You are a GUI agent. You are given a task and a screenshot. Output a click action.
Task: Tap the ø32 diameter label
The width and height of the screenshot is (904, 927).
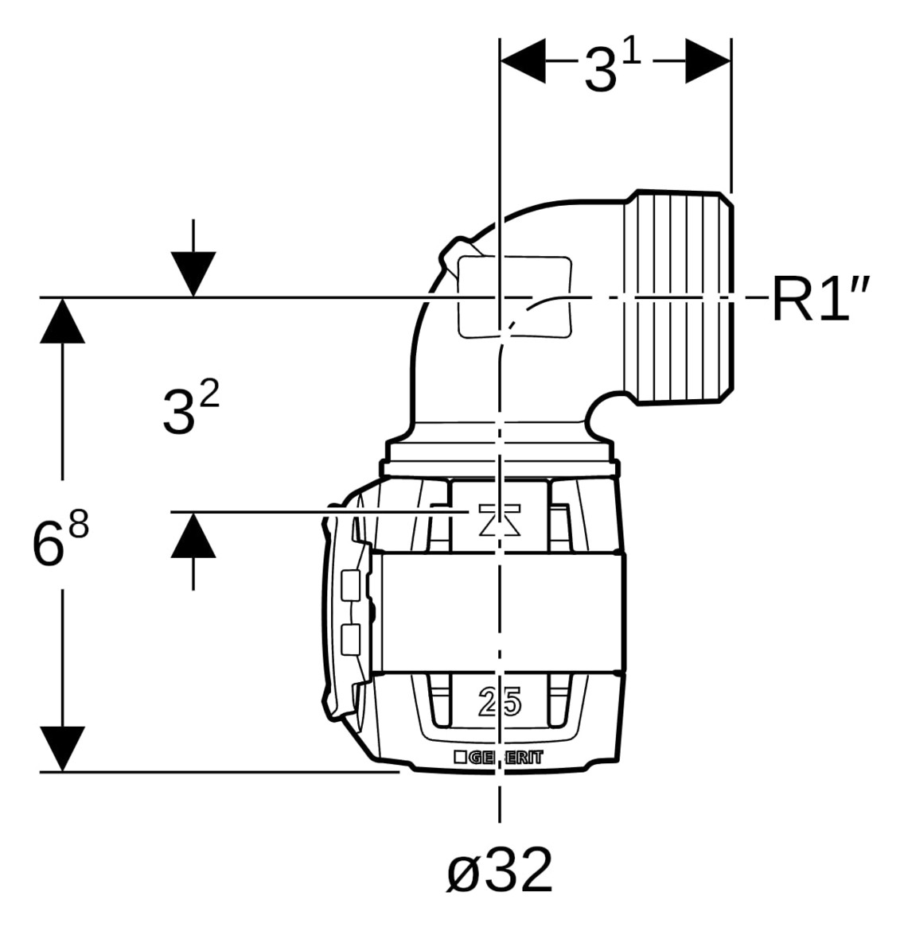pyautogui.click(x=500, y=871)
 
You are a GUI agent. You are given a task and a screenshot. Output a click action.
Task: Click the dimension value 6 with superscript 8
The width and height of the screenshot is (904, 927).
pyautogui.click(x=60, y=538)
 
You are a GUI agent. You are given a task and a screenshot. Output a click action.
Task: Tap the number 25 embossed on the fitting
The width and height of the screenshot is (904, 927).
pyautogui.click(x=500, y=702)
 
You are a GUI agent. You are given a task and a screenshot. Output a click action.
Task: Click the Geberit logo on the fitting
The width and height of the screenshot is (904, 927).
pyautogui.click(x=498, y=758)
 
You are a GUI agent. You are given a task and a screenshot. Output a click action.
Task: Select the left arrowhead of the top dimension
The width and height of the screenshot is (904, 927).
pyautogui.click(x=523, y=61)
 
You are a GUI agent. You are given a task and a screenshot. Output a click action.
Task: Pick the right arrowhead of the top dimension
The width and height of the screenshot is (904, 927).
pyautogui.click(x=708, y=61)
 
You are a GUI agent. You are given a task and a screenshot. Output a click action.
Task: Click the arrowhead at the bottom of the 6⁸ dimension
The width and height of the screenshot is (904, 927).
pyautogui.click(x=63, y=749)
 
